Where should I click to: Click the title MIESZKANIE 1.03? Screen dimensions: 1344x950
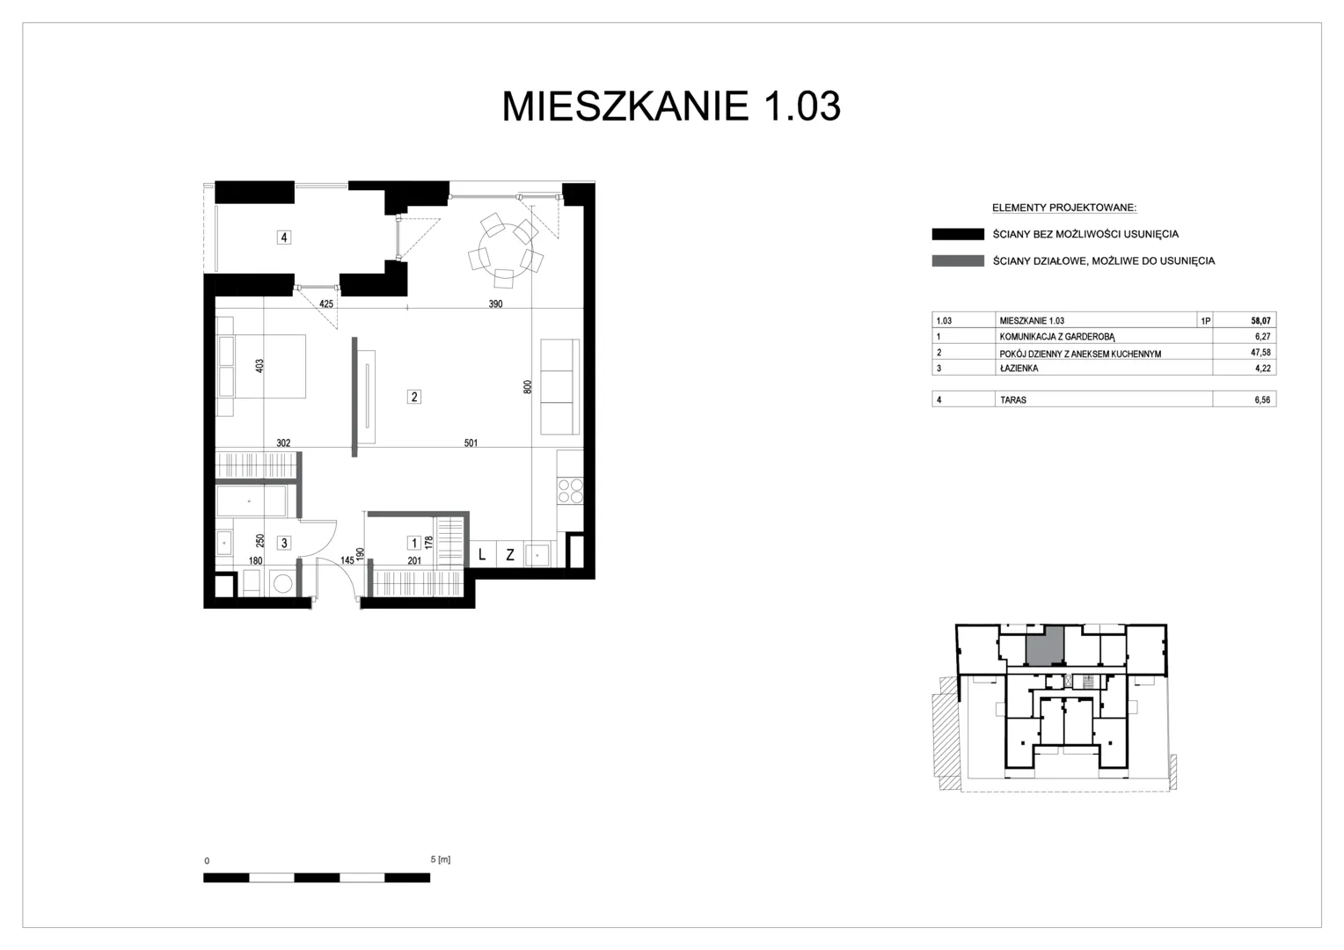click(671, 106)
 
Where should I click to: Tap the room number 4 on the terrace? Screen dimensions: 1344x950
click(284, 237)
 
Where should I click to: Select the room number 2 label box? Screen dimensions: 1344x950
click(413, 397)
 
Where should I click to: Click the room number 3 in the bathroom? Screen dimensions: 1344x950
click(284, 543)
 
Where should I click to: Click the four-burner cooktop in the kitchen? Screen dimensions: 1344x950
click(570, 490)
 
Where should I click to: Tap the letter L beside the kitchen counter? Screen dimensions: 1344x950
click(482, 555)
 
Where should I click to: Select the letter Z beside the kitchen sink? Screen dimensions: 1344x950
click(510, 555)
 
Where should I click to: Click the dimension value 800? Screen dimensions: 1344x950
click(528, 387)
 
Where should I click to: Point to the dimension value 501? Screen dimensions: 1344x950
click(471, 442)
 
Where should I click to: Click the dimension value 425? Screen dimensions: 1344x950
click(325, 303)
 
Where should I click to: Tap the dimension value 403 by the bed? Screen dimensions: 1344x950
click(259, 366)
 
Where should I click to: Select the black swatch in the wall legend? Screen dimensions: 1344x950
click(958, 234)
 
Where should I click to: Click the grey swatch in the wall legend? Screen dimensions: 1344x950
click(958, 261)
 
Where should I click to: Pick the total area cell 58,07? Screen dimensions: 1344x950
click(1260, 321)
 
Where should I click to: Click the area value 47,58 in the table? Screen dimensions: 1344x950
click(1260, 353)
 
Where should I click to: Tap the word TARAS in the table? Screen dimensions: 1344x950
click(1012, 399)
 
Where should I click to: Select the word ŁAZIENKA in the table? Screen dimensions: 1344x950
click(1019, 369)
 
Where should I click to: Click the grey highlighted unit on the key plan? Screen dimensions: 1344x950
click(1045, 645)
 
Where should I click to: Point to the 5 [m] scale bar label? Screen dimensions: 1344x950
click(441, 859)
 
